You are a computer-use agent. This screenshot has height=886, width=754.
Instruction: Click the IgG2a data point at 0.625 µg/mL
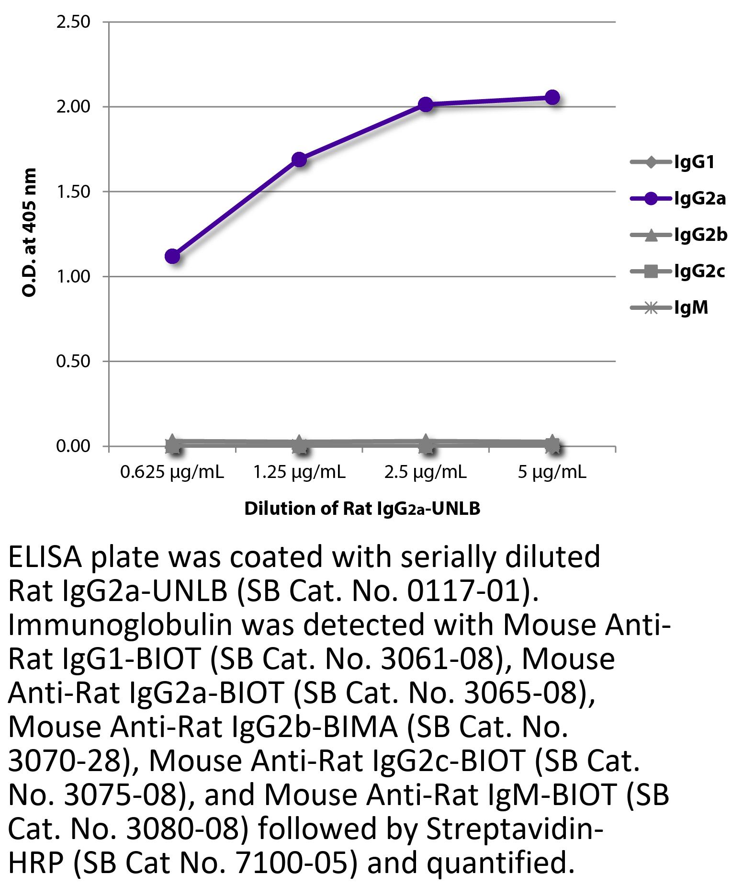tap(172, 256)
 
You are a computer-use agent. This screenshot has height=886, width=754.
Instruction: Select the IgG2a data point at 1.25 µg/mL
tap(299, 159)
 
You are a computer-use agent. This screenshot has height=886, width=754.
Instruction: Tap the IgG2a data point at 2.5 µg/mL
tap(426, 104)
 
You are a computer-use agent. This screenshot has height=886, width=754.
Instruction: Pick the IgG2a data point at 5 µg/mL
tap(552, 97)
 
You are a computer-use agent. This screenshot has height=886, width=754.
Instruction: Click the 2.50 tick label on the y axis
tap(73, 22)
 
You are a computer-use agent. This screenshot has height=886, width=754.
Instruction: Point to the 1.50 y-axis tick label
tap(73, 192)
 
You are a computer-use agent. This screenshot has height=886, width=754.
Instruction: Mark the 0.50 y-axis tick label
tap(73, 361)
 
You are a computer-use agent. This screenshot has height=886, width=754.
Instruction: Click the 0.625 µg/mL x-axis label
tap(172, 473)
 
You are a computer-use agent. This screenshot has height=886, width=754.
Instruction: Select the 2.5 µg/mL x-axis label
tap(425, 473)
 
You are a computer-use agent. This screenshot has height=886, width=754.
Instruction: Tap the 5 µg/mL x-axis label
tap(551, 473)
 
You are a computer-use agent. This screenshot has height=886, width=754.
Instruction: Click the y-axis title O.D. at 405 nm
tap(29, 233)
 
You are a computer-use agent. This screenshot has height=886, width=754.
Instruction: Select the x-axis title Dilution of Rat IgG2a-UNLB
tap(362, 509)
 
